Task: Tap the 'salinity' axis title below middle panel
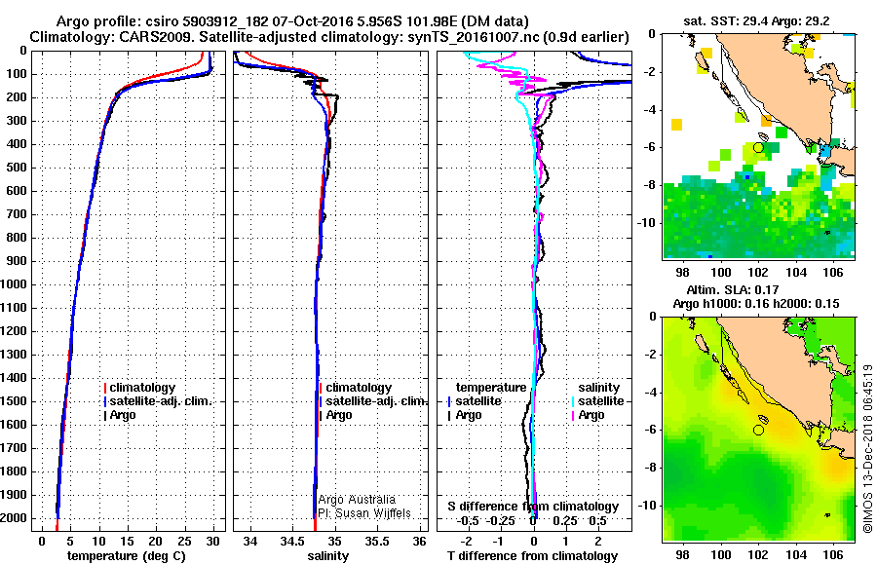pyautogui.click(x=328, y=555)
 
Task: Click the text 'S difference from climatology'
pyautogui.click(x=533, y=507)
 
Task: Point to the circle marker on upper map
pyautogui.click(x=758, y=147)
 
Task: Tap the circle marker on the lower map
pyautogui.click(x=758, y=430)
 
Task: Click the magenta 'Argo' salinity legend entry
pyautogui.click(x=589, y=415)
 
